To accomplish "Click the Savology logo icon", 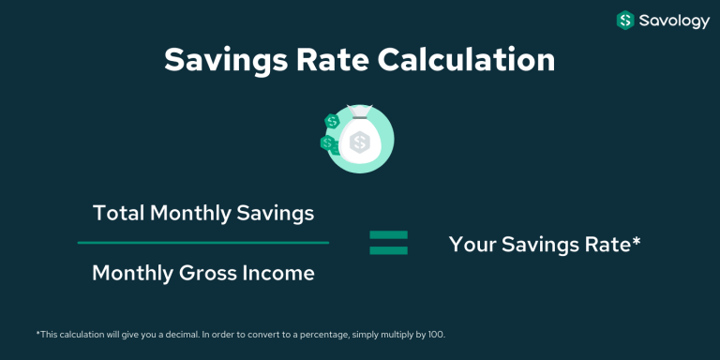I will tap(625, 20).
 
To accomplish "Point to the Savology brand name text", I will tap(675, 20).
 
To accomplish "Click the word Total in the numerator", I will tap(117, 213).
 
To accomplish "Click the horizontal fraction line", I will tap(202, 243).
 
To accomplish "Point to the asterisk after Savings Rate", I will tap(637, 241).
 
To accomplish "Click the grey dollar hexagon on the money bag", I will tap(359, 142).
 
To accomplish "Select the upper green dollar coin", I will tap(331, 122).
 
